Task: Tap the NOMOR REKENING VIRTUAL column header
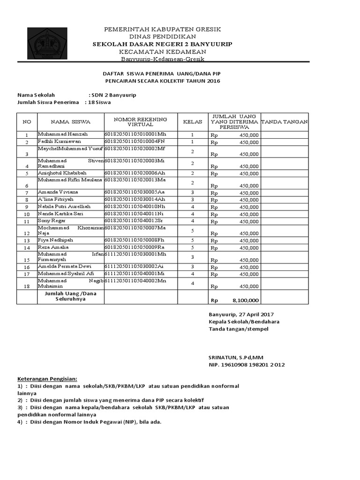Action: tap(140, 122)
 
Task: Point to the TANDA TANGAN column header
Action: tap(284, 122)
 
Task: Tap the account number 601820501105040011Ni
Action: tap(135, 214)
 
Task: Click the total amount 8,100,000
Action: tap(245, 300)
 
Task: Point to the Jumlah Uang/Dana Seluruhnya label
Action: tap(65, 296)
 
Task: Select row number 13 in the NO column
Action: tap(27, 240)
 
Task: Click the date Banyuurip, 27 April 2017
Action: tap(241, 314)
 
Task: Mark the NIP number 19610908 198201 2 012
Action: tap(246, 365)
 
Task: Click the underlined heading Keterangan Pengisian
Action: tap(47, 379)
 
